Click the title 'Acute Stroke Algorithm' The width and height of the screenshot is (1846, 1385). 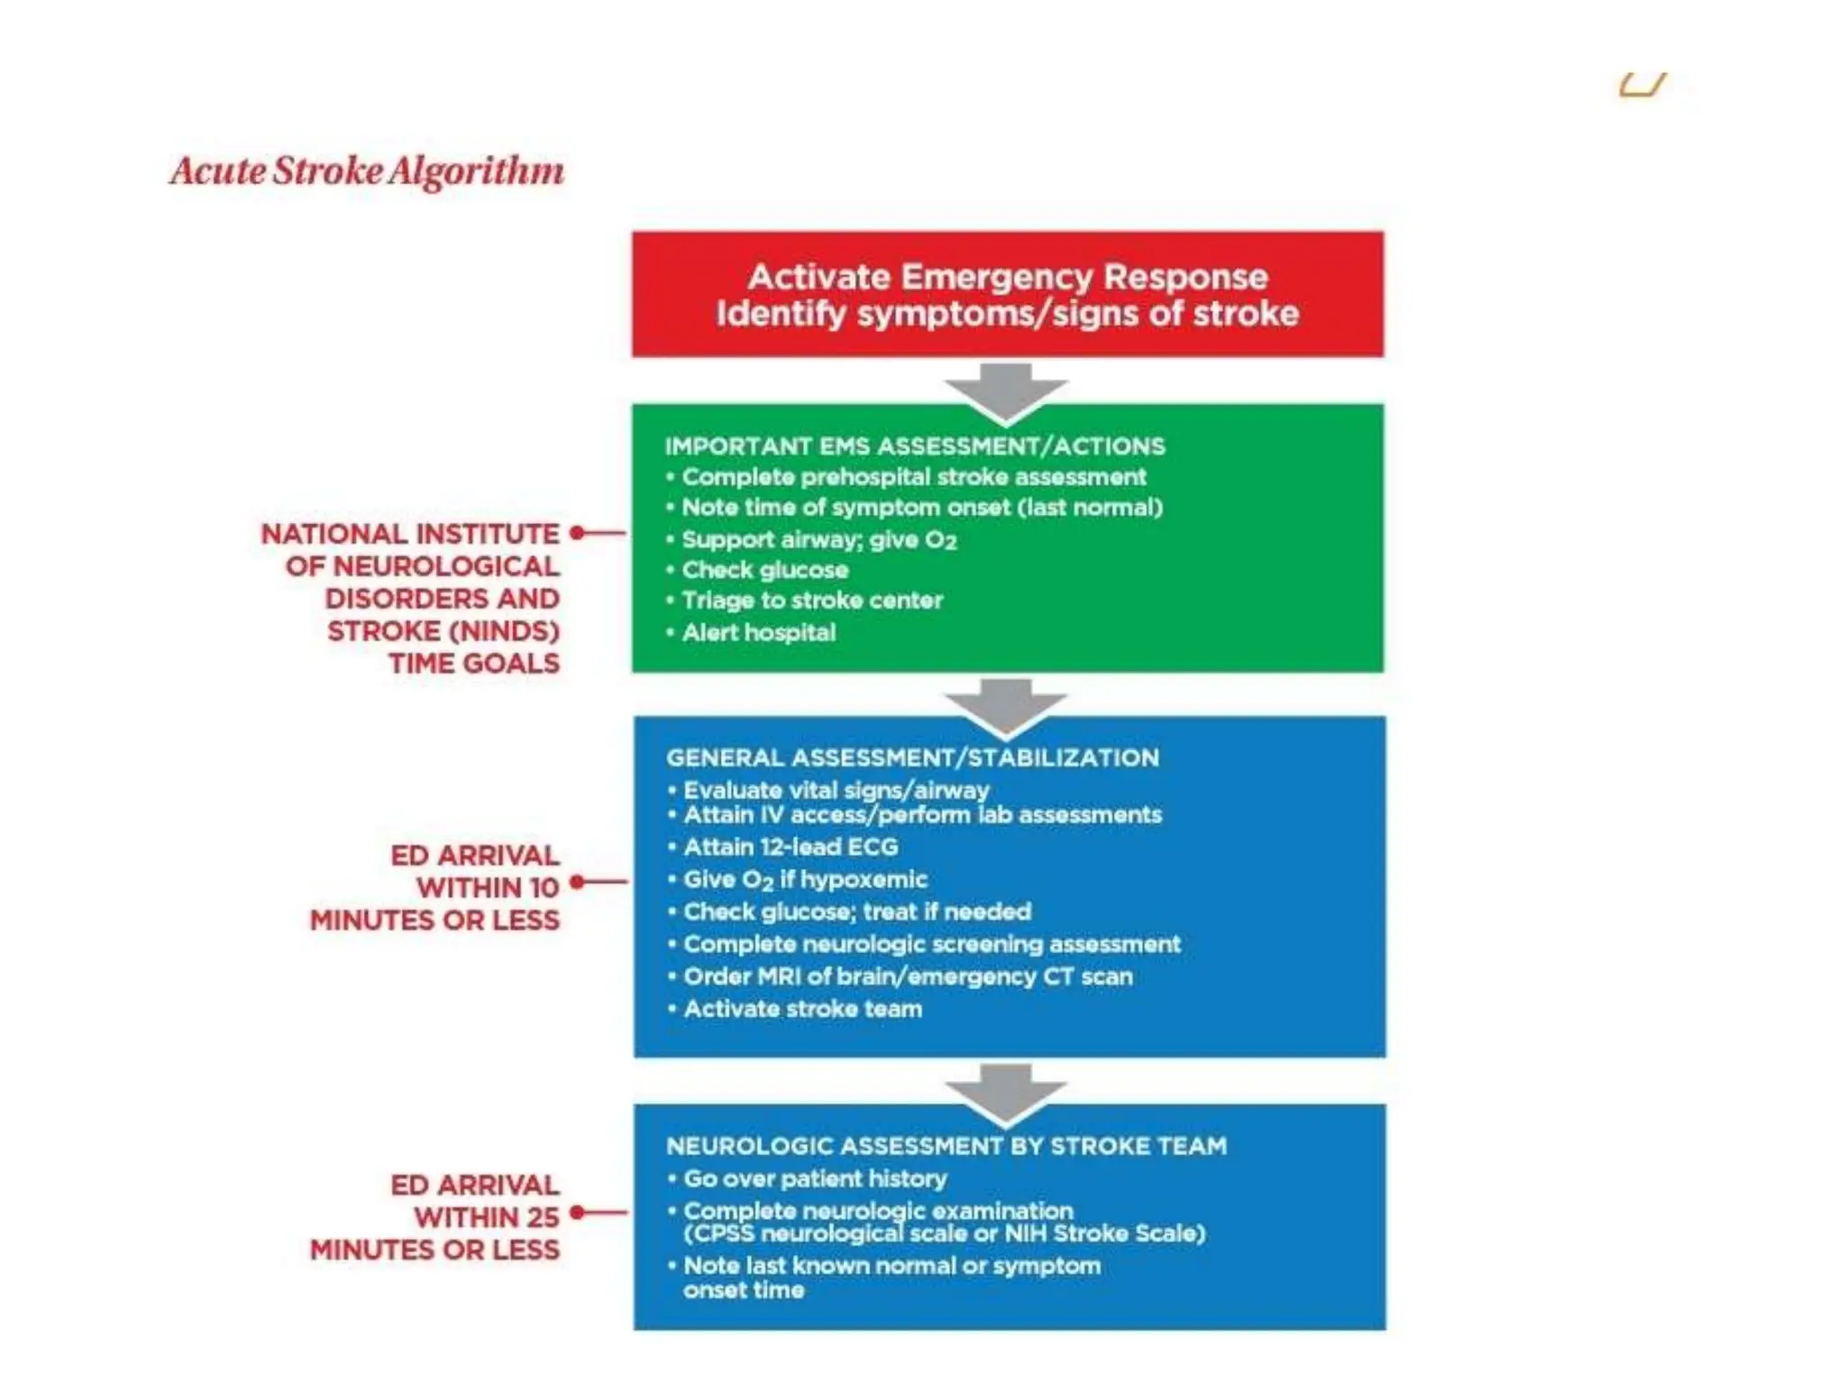(367, 171)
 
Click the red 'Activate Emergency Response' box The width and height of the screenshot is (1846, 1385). (1007, 294)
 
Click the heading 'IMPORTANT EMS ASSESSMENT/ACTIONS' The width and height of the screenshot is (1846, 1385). (915, 446)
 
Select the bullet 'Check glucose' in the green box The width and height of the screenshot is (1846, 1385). (764, 570)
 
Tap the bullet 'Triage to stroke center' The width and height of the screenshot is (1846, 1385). (811, 601)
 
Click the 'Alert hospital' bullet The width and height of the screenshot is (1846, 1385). (758, 632)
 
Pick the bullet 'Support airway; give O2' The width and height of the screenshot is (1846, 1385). (818, 540)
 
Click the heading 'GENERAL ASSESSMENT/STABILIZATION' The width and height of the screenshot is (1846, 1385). (912, 757)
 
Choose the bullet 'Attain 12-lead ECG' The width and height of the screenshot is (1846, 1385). (790, 848)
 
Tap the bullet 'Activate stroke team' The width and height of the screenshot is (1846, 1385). (802, 1009)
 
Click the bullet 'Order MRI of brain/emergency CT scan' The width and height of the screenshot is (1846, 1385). (907, 977)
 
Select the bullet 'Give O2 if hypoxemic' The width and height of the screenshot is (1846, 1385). (805, 880)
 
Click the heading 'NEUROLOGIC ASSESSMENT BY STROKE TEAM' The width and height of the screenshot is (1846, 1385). (946, 1146)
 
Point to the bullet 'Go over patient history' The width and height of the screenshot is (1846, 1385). (815, 1179)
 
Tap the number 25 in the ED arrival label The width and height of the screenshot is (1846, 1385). (543, 1218)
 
